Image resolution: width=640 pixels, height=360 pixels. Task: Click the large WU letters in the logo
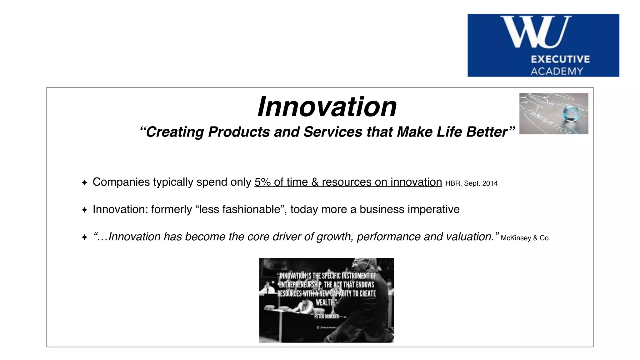point(536,32)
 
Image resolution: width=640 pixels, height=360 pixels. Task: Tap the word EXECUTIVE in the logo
point(560,59)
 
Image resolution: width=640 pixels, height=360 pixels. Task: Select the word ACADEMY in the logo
point(557,71)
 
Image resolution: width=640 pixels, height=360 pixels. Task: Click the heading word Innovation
point(327,107)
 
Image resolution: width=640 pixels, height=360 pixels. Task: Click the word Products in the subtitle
point(239,132)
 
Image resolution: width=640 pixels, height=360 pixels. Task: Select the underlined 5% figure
point(262,182)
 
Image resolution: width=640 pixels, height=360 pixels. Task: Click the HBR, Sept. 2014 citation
point(471,183)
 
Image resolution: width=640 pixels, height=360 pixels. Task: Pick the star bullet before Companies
point(84,182)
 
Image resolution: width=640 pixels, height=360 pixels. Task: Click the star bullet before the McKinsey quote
point(84,237)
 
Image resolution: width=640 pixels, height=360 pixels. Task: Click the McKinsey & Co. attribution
point(525,238)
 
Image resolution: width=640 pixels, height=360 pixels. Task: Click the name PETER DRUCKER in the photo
point(326,317)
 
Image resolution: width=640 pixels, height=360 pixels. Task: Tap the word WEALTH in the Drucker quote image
point(325,302)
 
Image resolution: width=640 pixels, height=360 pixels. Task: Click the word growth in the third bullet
point(335,237)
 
